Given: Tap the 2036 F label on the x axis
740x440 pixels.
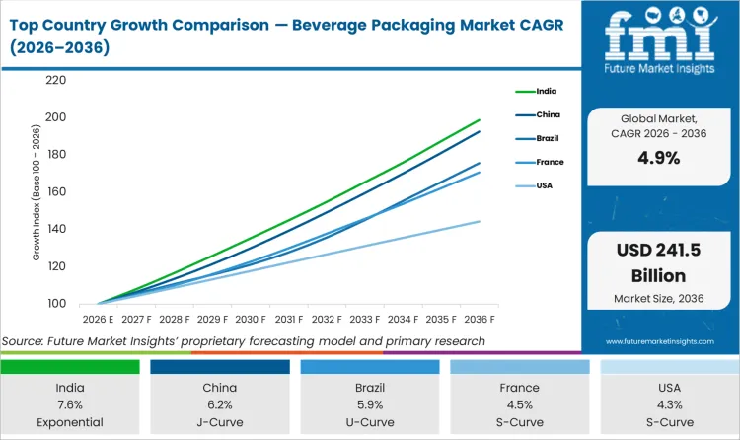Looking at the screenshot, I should (x=481, y=320).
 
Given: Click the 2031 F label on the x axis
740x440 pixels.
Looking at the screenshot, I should (x=288, y=320).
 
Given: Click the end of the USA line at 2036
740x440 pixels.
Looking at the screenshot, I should (x=481, y=221).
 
